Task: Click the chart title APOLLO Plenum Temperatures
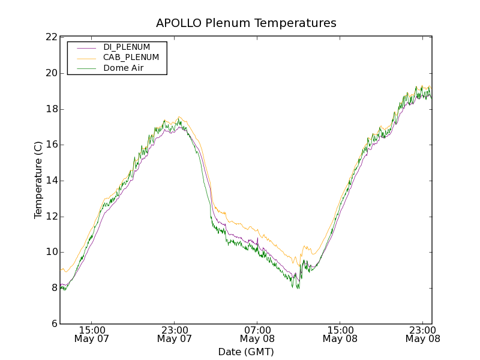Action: coord(246,23)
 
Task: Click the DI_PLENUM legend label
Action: coord(127,47)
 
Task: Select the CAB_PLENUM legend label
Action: coord(131,58)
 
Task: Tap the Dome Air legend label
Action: coord(123,68)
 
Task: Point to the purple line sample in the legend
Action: coord(84,47)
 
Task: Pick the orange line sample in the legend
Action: coord(84,58)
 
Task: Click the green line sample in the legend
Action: coord(84,68)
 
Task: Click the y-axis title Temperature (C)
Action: coord(38,180)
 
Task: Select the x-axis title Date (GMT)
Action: coord(246,352)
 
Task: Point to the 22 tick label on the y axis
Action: coord(51,37)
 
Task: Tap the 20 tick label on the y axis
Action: coord(51,73)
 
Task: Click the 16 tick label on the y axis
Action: coord(51,145)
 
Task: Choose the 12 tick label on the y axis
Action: coord(51,217)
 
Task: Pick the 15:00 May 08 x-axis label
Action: coord(340,334)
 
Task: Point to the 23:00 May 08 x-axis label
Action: coord(422,334)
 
